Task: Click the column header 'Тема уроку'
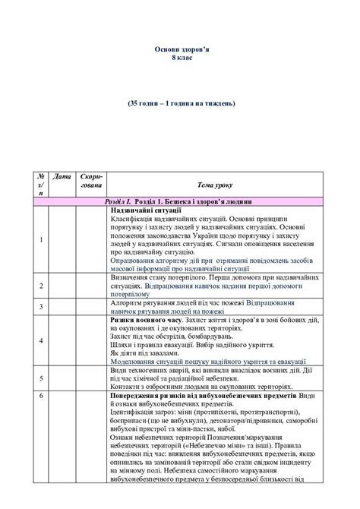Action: click(x=215, y=185)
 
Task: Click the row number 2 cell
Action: click(x=40, y=286)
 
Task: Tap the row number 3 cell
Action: click(x=40, y=306)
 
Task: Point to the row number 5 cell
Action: click(x=40, y=378)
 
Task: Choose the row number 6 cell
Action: click(x=40, y=397)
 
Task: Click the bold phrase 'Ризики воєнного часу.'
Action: click(x=147, y=321)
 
